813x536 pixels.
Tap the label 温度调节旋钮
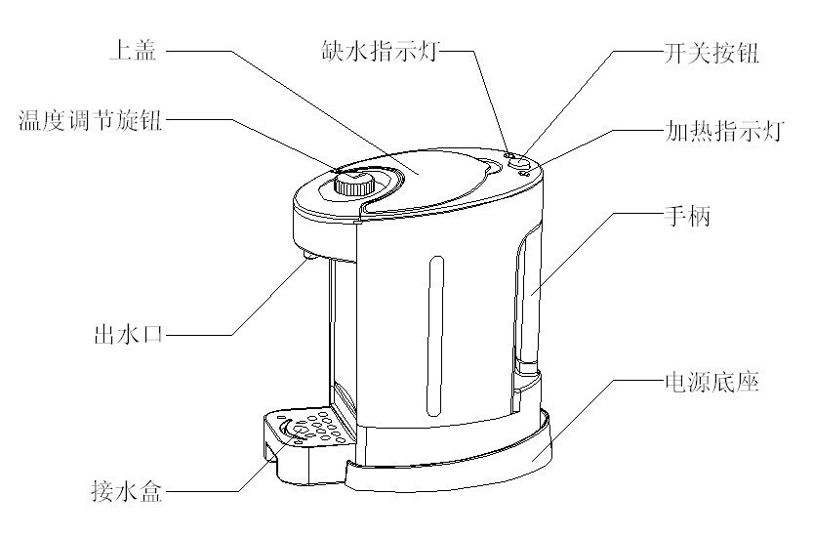(90, 121)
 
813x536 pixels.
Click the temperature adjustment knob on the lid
(350, 183)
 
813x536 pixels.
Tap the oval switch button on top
(518, 164)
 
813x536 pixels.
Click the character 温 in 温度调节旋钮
(29, 121)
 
